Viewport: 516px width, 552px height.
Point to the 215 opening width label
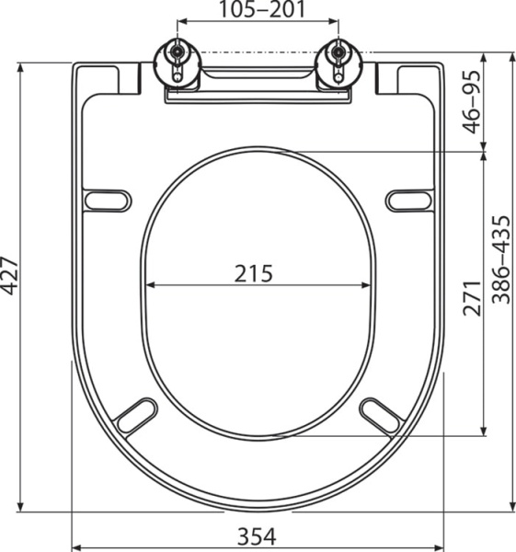pos(254,273)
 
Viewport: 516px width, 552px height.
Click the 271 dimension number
pos(473,298)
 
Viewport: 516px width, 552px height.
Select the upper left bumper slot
pos(107,200)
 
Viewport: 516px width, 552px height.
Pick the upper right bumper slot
pos(409,200)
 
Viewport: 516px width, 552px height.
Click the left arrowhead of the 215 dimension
pos(150,285)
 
